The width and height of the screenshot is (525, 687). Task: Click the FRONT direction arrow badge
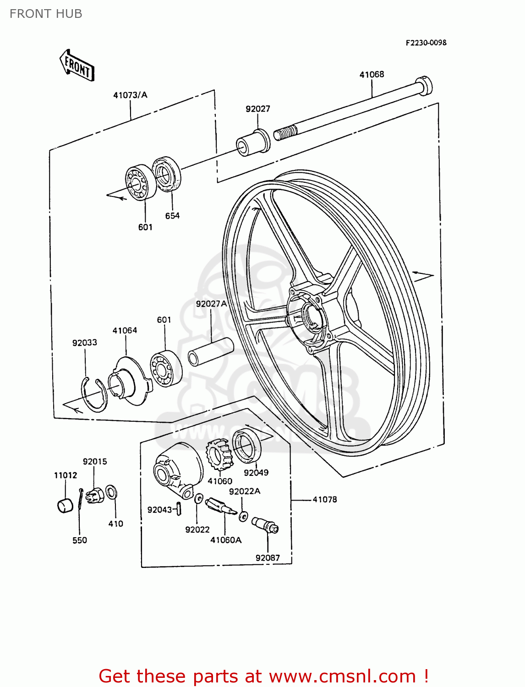coord(77,65)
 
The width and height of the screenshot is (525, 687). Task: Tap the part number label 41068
coord(372,74)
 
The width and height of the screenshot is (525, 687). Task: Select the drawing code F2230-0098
coord(426,43)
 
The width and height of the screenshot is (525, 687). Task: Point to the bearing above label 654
coord(166,174)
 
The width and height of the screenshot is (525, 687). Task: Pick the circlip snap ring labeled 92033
coord(93,394)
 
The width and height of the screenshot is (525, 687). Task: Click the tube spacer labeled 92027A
coord(211,352)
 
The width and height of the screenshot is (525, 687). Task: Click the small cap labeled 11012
coord(65,505)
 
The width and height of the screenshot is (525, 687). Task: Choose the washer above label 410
coord(111,492)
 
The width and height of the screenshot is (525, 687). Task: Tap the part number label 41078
coord(325,500)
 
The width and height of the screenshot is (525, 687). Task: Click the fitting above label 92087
coord(265,524)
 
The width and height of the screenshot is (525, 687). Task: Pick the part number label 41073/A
coord(131,95)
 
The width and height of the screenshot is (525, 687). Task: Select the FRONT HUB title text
coord(46,14)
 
